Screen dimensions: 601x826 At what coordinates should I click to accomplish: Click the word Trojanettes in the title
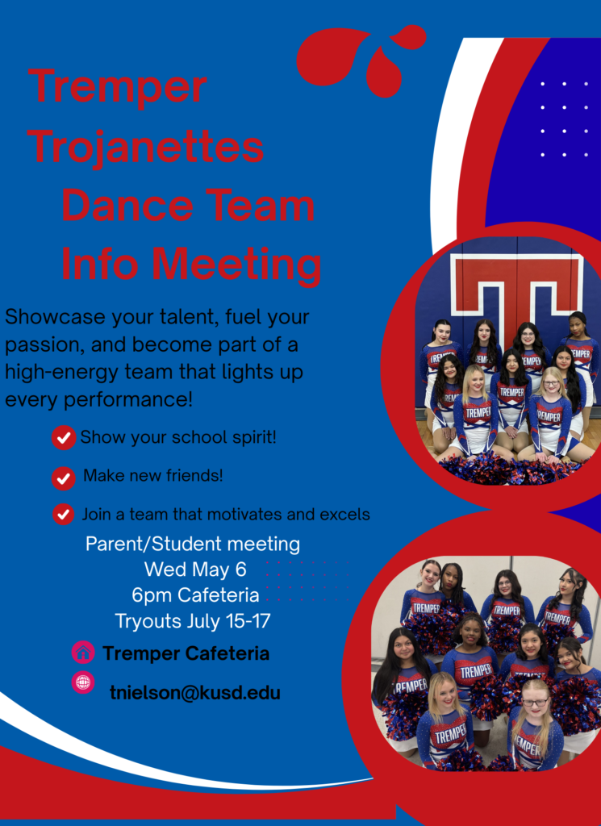click(x=145, y=147)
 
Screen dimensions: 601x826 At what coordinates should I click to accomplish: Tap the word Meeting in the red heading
click(x=236, y=265)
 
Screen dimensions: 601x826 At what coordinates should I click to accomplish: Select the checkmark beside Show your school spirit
click(x=64, y=437)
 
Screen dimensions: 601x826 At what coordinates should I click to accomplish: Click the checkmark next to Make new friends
click(x=64, y=478)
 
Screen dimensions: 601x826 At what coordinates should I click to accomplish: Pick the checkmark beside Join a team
click(x=63, y=514)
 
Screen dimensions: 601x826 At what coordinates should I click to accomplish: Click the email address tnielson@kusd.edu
click(x=195, y=692)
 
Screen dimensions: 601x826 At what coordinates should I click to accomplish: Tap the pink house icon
click(x=83, y=653)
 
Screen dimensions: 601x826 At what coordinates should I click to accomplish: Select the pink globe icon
click(x=83, y=682)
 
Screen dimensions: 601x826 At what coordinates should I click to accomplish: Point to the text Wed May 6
click(x=195, y=569)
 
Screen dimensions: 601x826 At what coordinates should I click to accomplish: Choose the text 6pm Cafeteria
click(x=195, y=595)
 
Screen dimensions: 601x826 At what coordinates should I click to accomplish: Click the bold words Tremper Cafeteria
click(x=186, y=653)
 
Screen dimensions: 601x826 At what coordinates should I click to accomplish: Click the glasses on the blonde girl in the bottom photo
click(x=535, y=703)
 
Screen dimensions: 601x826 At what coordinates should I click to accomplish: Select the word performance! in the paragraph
click(x=128, y=400)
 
